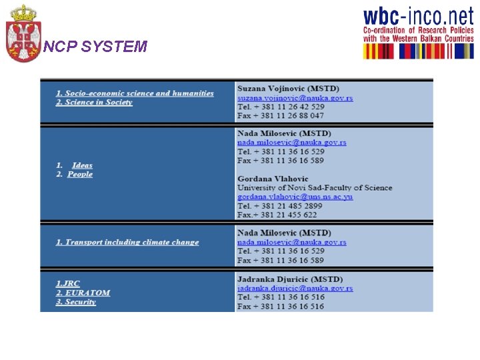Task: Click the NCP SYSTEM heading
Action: pos(95,47)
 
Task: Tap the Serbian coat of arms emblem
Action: pos(23,33)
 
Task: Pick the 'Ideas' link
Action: pos(82,165)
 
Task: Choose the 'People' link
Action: pos(80,175)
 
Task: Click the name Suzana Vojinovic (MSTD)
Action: pos(288,89)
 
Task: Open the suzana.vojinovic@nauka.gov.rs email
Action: pos(295,98)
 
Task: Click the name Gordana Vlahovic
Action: pos(273,179)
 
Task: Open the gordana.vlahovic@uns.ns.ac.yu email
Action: pos(295,197)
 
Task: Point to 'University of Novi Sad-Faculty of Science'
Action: pos(315,188)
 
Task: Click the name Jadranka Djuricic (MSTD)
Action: pos(290,279)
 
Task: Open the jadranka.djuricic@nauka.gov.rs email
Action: pos(295,289)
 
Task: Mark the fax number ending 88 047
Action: pos(281,116)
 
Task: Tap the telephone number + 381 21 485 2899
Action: pos(280,206)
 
